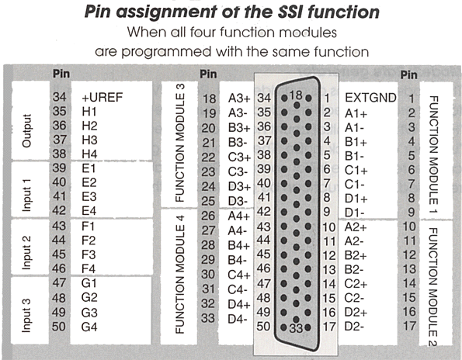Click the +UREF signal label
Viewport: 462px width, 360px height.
pos(102,98)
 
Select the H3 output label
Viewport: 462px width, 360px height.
pos(89,140)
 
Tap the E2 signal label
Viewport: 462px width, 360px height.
pos(89,182)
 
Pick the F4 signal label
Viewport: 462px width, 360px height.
pos(89,268)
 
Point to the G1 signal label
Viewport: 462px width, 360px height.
pos(89,283)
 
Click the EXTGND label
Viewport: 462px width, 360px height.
pos(370,98)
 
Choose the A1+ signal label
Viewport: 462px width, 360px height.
pos(356,113)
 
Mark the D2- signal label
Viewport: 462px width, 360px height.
pos(354,327)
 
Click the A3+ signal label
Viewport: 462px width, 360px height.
pos(239,99)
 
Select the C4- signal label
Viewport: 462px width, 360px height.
pos(238,289)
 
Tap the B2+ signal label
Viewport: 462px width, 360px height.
pos(356,255)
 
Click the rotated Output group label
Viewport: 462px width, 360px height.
pos(26,130)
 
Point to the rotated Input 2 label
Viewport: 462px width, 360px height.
pos(26,253)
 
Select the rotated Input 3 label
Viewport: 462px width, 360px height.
pos(26,316)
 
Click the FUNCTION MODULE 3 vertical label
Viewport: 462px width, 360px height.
pos(179,143)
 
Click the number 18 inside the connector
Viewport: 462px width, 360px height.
pos(296,95)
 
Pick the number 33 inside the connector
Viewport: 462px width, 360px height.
pos(296,328)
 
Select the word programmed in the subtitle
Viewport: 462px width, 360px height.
pos(166,53)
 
